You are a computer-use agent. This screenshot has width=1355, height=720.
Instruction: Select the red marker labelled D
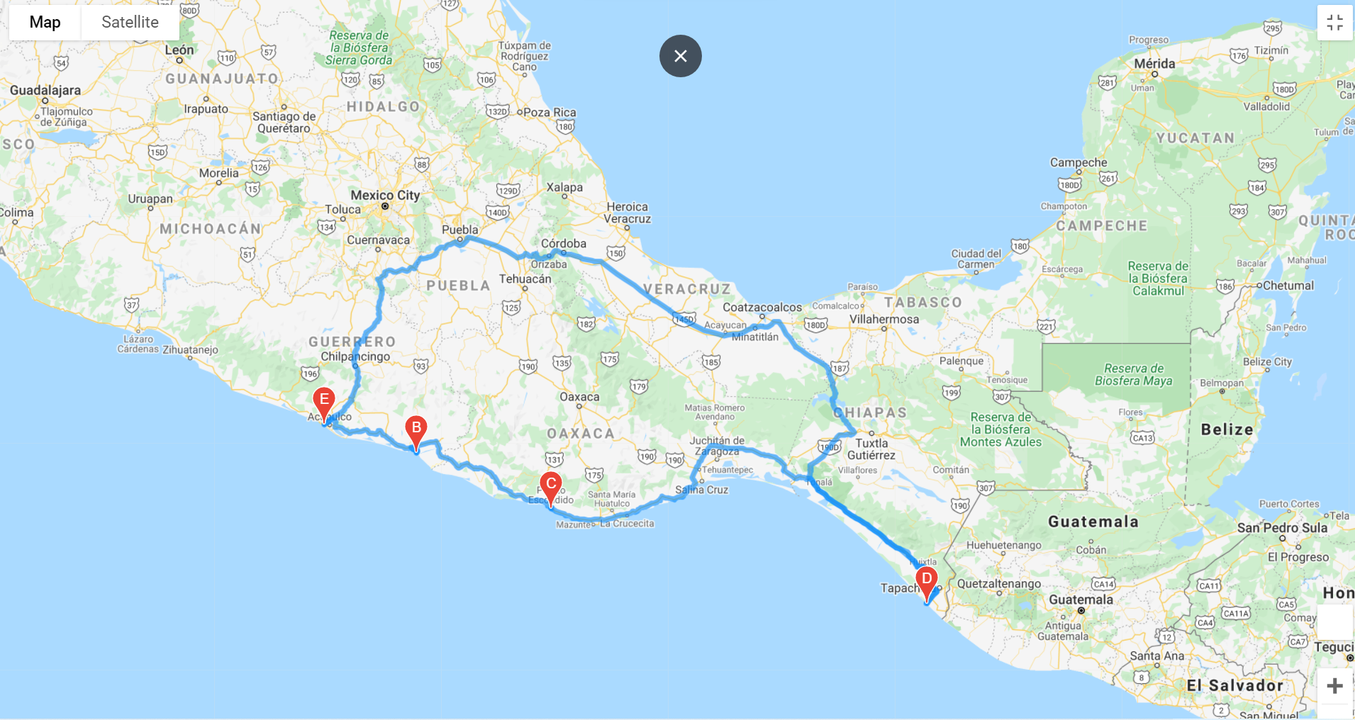926,580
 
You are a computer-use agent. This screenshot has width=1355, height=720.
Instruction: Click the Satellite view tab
130,22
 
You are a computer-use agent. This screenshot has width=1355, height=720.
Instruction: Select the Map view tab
45,22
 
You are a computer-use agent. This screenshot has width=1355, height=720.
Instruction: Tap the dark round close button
680,56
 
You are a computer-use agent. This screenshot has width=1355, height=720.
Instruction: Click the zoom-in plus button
1334,686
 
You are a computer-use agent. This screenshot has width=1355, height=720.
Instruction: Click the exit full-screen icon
1334,23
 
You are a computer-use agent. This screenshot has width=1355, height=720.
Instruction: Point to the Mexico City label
385,195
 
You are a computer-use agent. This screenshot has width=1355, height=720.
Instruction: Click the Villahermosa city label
884,320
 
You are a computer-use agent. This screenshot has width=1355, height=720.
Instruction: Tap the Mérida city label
1154,64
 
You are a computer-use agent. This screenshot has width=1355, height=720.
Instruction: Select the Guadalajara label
45,90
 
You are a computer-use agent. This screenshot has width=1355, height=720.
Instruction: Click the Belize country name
1227,429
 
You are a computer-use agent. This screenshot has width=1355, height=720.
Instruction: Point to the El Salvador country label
1234,685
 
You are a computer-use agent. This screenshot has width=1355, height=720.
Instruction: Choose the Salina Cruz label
701,490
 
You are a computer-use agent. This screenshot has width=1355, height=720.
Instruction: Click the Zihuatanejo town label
190,349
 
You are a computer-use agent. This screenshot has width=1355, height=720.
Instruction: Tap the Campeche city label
1078,162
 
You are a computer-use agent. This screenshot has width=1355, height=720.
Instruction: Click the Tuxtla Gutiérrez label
871,449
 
